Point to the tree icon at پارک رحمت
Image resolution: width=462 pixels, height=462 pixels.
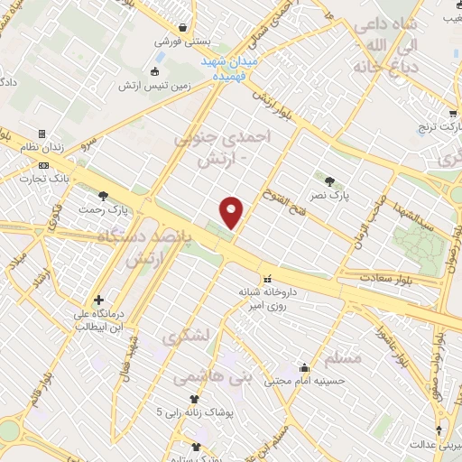[105, 195]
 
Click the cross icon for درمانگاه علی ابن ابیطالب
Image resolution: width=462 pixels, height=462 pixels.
[98, 300]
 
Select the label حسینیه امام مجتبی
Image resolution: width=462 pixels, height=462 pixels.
[321, 381]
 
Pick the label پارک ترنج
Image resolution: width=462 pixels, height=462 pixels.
[439, 128]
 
